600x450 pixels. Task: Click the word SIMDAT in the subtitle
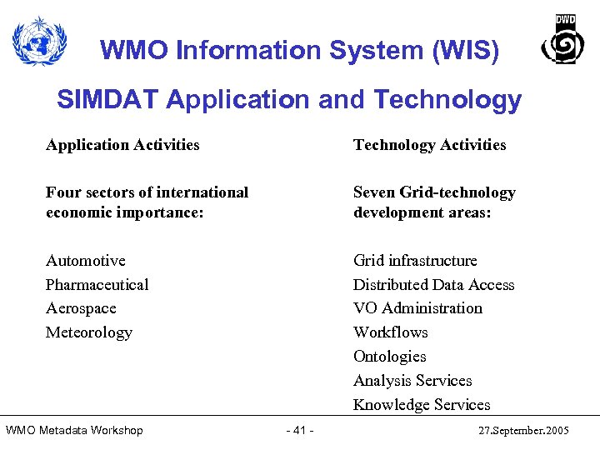pos(108,100)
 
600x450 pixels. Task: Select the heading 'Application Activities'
pos(122,145)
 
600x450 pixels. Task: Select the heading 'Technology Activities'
pos(429,145)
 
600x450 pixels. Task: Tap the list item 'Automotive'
pos(86,261)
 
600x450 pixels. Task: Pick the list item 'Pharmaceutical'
pos(97,285)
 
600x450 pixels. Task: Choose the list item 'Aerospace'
pos(81,308)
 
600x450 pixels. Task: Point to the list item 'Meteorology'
pos(89,332)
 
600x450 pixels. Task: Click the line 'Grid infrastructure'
pos(415,261)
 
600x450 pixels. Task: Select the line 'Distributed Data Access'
pos(433,285)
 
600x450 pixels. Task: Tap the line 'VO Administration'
pos(417,308)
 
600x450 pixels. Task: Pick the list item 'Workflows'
pos(390,332)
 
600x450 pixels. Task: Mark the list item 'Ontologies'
pos(389,357)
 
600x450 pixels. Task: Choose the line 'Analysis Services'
pos(412,381)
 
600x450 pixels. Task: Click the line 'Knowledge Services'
pos(422,405)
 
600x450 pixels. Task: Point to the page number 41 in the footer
pos(299,431)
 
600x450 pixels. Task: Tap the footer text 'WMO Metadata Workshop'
pos(74,431)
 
